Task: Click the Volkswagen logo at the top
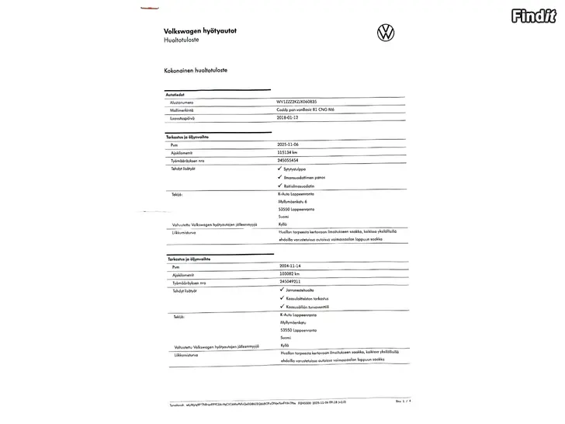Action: (x=386, y=33)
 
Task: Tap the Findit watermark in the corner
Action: (x=535, y=16)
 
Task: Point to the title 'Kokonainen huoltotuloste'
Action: (x=196, y=70)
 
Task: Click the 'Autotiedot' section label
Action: (x=176, y=93)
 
